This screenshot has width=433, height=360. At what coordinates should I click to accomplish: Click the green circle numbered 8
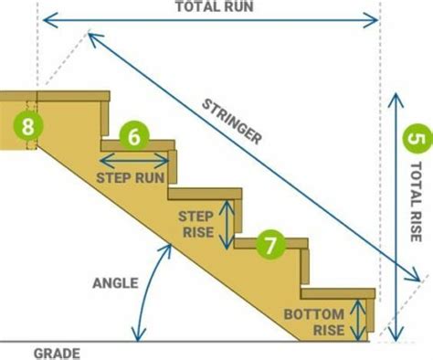point(28,125)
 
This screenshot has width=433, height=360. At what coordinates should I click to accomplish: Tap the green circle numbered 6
point(133,137)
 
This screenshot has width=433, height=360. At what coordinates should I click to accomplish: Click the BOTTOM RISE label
point(313,322)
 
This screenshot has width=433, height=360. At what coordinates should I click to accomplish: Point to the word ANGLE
point(115,282)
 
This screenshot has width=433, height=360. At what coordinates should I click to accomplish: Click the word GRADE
point(58,353)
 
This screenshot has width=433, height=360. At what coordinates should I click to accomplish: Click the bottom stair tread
point(338,294)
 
